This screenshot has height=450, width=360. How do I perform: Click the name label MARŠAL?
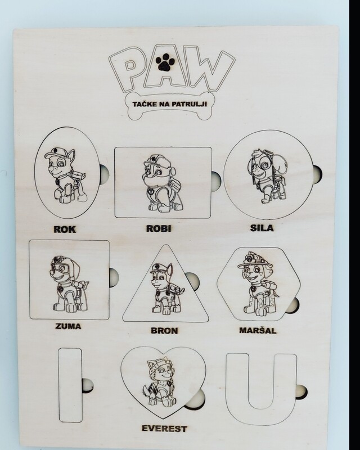click(x=258, y=330)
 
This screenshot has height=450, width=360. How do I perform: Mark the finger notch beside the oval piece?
click(x=103, y=174)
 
